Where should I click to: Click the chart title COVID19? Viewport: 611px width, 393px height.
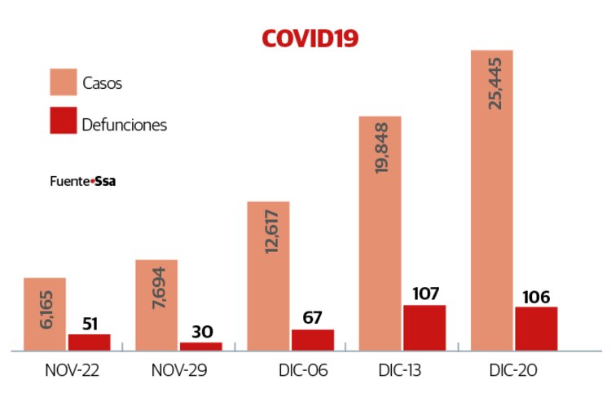(310, 38)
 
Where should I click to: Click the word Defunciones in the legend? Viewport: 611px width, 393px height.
(124, 125)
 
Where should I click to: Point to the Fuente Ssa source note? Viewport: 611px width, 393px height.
(82, 182)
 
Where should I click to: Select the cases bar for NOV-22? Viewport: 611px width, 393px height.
(45, 314)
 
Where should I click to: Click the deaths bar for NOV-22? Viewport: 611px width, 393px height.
(89, 342)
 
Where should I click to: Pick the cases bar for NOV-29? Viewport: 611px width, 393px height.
(156, 305)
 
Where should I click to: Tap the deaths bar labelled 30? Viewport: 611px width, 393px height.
(200, 347)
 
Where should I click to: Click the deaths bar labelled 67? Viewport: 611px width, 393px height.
(313, 340)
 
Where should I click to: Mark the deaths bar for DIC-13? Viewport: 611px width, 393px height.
(424, 328)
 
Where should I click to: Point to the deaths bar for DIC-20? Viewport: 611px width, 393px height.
(536, 329)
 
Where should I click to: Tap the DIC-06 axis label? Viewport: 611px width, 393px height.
(301, 370)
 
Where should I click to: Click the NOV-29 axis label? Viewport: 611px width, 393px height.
(179, 370)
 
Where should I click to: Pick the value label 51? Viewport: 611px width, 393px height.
(90, 323)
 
